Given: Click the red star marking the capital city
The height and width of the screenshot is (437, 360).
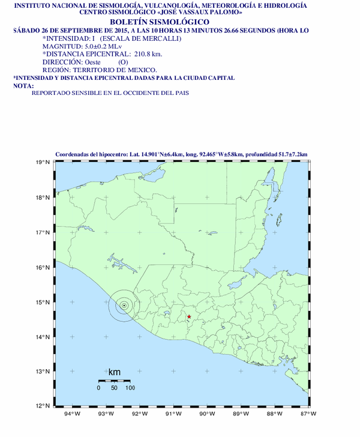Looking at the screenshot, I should [189, 317].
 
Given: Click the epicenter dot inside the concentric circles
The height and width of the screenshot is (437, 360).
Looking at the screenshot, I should [124, 306].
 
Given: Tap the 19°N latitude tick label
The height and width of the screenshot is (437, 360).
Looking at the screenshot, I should [41, 163].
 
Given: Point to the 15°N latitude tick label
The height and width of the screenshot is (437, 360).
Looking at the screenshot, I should [41, 302].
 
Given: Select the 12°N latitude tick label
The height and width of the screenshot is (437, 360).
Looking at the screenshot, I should [41, 406].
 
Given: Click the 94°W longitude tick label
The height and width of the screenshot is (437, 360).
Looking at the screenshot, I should [73, 414].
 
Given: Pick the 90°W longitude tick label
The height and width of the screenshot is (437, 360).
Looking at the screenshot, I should [208, 414].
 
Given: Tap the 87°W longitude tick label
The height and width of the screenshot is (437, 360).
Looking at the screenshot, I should [309, 414].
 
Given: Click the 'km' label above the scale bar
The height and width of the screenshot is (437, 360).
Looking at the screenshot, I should [114, 373].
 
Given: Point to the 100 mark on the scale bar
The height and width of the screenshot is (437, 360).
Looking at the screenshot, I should [130, 388].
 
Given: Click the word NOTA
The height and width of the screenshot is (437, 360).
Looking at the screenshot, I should [23, 86].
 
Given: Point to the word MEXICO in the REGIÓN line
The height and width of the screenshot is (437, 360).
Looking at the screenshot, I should [125, 70].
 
